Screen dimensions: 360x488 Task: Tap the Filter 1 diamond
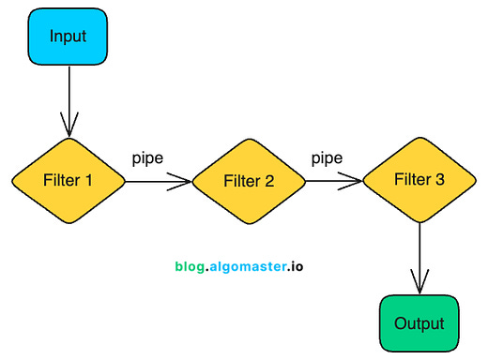click(69, 180)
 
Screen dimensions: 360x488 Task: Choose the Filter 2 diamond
click(249, 181)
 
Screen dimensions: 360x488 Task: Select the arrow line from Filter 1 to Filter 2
click(155, 181)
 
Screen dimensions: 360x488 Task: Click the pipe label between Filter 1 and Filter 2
click(147, 157)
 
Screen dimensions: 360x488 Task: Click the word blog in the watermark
click(189, 266)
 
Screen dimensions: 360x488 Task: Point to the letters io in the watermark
click(296, 266)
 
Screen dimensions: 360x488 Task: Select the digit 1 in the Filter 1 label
click(90, 180)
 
